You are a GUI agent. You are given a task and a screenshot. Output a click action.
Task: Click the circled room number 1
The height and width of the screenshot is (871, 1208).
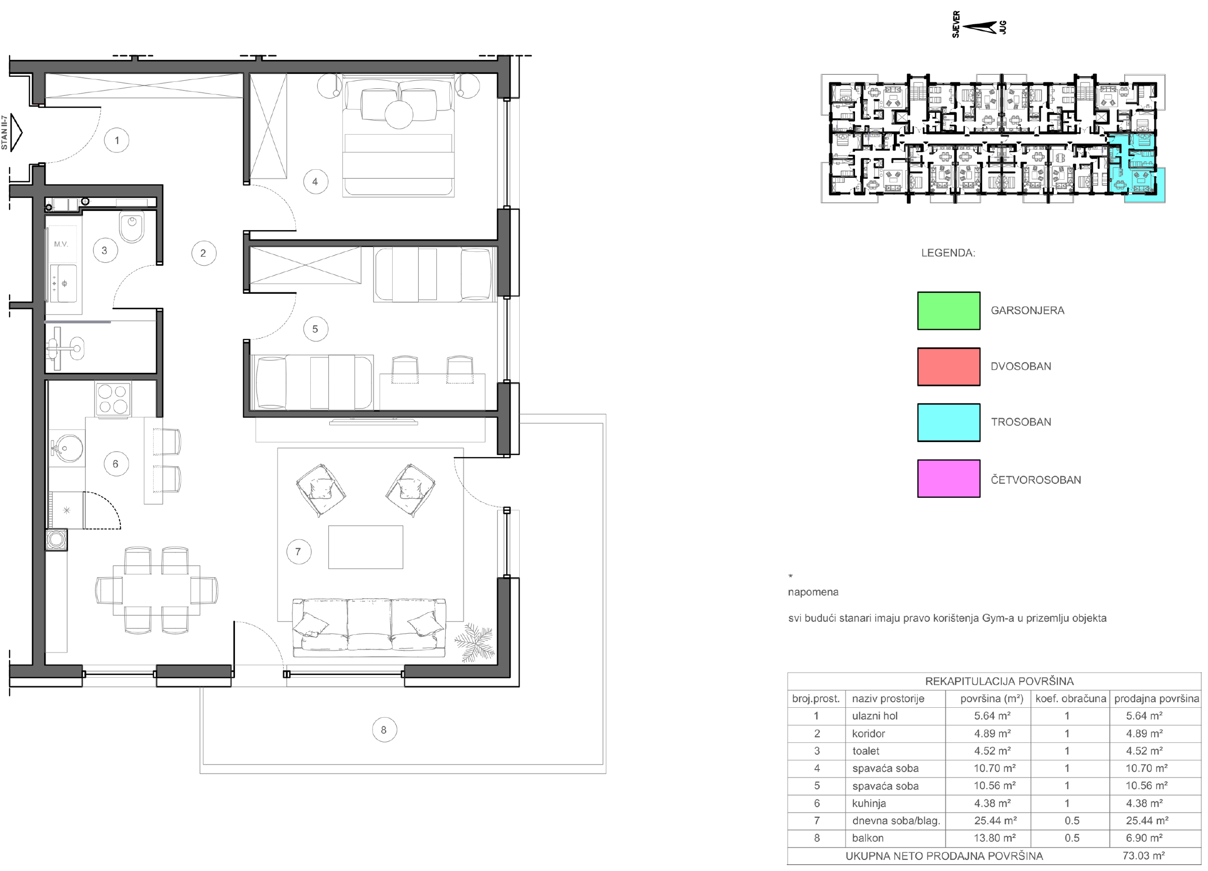(x=116, y=141)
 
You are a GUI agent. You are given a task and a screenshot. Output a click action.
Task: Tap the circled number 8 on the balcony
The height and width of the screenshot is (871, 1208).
(x=384, y=730)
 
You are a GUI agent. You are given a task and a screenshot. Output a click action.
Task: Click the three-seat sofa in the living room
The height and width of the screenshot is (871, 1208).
(x=369, y=628)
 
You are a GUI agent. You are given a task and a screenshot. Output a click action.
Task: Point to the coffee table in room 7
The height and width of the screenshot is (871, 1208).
(x=366, y=547)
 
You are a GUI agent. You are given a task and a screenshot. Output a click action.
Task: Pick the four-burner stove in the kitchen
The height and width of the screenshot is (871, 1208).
(x=113, y=399)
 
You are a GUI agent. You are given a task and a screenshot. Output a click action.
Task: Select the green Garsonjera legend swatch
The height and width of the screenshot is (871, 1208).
(x=948, y=310)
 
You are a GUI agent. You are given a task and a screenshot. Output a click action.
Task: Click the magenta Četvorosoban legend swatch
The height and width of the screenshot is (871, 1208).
(x=948, y=478)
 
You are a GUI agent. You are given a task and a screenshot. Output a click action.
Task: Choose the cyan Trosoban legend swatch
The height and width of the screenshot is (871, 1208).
(x=948, y=422)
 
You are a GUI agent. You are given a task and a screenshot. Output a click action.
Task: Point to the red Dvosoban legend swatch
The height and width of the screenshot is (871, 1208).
(x=948, y=367)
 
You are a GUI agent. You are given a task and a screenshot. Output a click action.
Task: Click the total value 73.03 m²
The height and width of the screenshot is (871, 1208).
(x=1144, y=855)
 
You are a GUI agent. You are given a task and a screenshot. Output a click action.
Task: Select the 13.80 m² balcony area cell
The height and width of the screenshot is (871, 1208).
(x=995, y=838)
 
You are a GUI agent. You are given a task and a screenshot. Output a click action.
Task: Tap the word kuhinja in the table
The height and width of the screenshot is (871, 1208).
(x=869, y=803)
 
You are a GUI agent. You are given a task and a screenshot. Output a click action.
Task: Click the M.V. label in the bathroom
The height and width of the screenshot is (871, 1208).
(x=61, y=244)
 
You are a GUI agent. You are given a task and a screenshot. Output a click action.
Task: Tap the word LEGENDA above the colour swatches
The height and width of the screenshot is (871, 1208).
(x=948, y=253)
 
